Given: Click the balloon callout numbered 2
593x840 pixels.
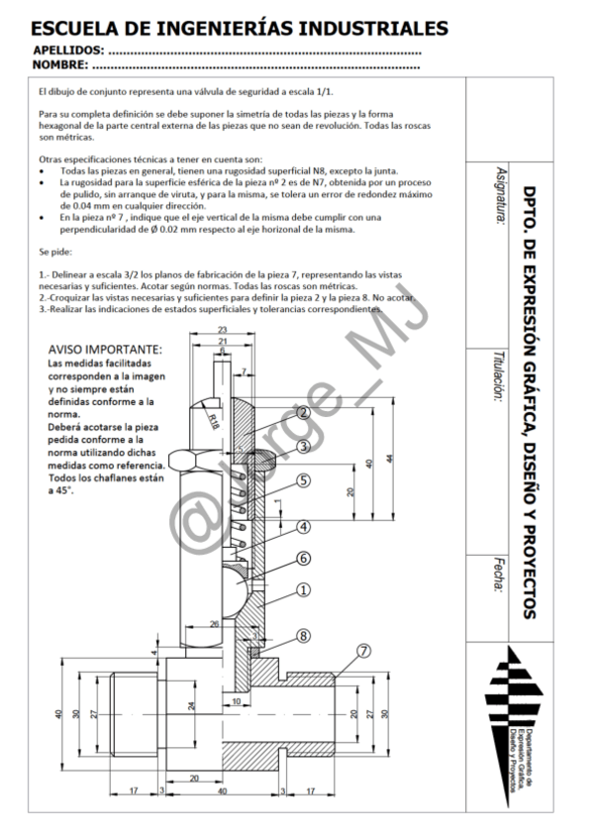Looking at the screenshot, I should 304,412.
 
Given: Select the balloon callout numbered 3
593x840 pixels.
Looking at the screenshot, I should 304,447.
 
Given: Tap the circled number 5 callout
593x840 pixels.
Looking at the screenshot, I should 304,480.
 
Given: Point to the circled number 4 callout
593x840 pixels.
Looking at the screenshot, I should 304,526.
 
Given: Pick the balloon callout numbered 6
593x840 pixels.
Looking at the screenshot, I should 304,559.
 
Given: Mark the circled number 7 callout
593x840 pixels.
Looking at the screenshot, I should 365,651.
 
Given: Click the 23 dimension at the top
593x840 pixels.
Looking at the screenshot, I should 223,330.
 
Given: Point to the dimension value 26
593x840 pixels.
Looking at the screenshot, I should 215,623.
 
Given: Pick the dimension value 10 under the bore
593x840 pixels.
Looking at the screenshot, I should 236,702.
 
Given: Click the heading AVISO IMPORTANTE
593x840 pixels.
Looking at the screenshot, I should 105,350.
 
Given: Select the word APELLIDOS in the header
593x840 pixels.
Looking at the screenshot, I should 68,50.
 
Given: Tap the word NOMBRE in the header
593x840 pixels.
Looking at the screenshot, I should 60,65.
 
